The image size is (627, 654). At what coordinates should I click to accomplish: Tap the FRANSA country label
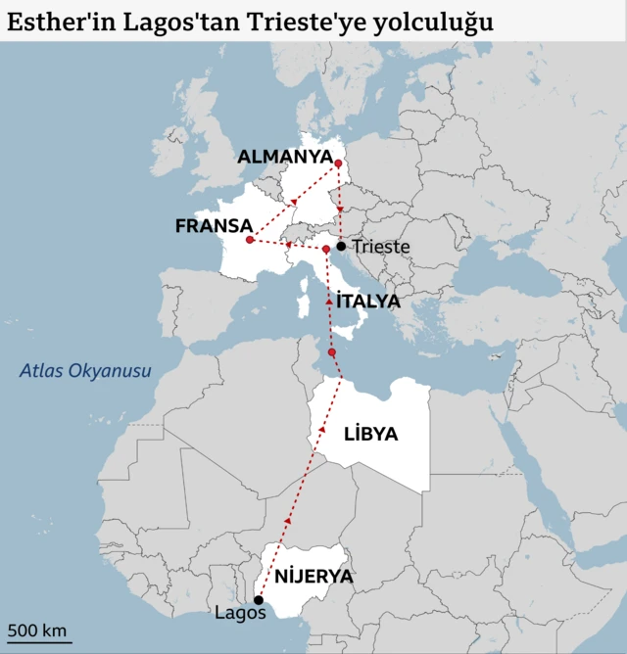click(x=214, y=226)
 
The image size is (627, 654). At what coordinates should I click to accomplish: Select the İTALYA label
click(x=367, y=302)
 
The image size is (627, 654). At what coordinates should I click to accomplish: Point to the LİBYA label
click(x=370, y=434)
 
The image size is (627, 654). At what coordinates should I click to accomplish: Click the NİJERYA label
click(x=313, y=576)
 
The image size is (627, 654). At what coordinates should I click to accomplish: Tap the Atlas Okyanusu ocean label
click(x=86, y=371)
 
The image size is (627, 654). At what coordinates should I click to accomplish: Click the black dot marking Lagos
click(x=259, y=600)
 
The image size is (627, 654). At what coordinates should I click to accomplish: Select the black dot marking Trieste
click(x=341, y=246)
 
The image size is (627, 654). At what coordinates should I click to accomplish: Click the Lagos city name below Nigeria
click(x=240, y=614)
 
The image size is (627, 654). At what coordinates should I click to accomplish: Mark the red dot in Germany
click(x=338, y=163)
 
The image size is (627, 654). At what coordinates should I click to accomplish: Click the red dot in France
click(x=250, y=240)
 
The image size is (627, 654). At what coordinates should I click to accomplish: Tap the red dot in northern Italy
click(x=326, y=250)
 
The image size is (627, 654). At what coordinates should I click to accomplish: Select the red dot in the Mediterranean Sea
click(x=332, y=352)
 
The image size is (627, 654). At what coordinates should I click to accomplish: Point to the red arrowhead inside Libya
click(x=322, y=430)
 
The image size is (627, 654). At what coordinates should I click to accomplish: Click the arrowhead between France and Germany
click(x=293, y=201)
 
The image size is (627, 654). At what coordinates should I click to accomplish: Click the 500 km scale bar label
click(x=37, y=630)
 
